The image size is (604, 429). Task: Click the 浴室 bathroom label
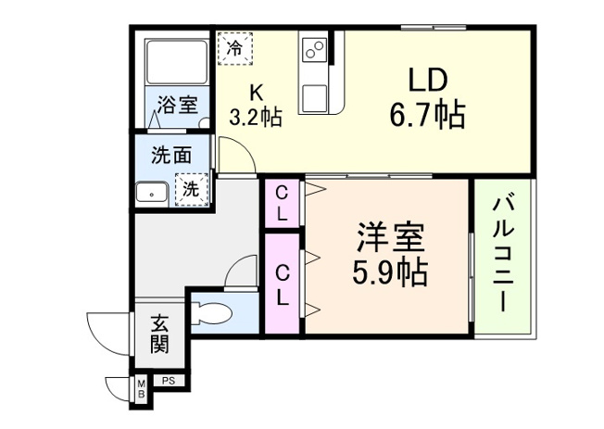click(x=176, y=105)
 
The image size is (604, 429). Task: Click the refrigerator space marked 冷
click(x=235, y=47)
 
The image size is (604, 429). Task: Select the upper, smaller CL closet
click(x=282, y=203)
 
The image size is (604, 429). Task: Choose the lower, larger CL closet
click(x=282, y=284)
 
